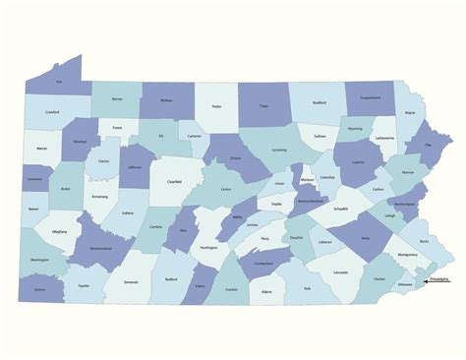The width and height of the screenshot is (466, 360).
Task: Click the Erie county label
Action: [x=58, y=82]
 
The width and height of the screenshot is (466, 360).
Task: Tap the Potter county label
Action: [x=216, y=107]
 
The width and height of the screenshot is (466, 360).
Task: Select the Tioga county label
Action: [x=262, y=104]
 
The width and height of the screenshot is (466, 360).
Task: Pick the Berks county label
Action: [x=366, y=238]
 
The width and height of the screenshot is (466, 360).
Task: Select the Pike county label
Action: [x=427, y=148]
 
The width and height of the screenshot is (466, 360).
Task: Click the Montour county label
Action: [x=307, y=180]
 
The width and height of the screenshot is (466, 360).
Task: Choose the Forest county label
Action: [x=116, y=128]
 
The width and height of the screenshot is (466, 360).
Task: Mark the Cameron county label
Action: [x=195, y=138]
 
